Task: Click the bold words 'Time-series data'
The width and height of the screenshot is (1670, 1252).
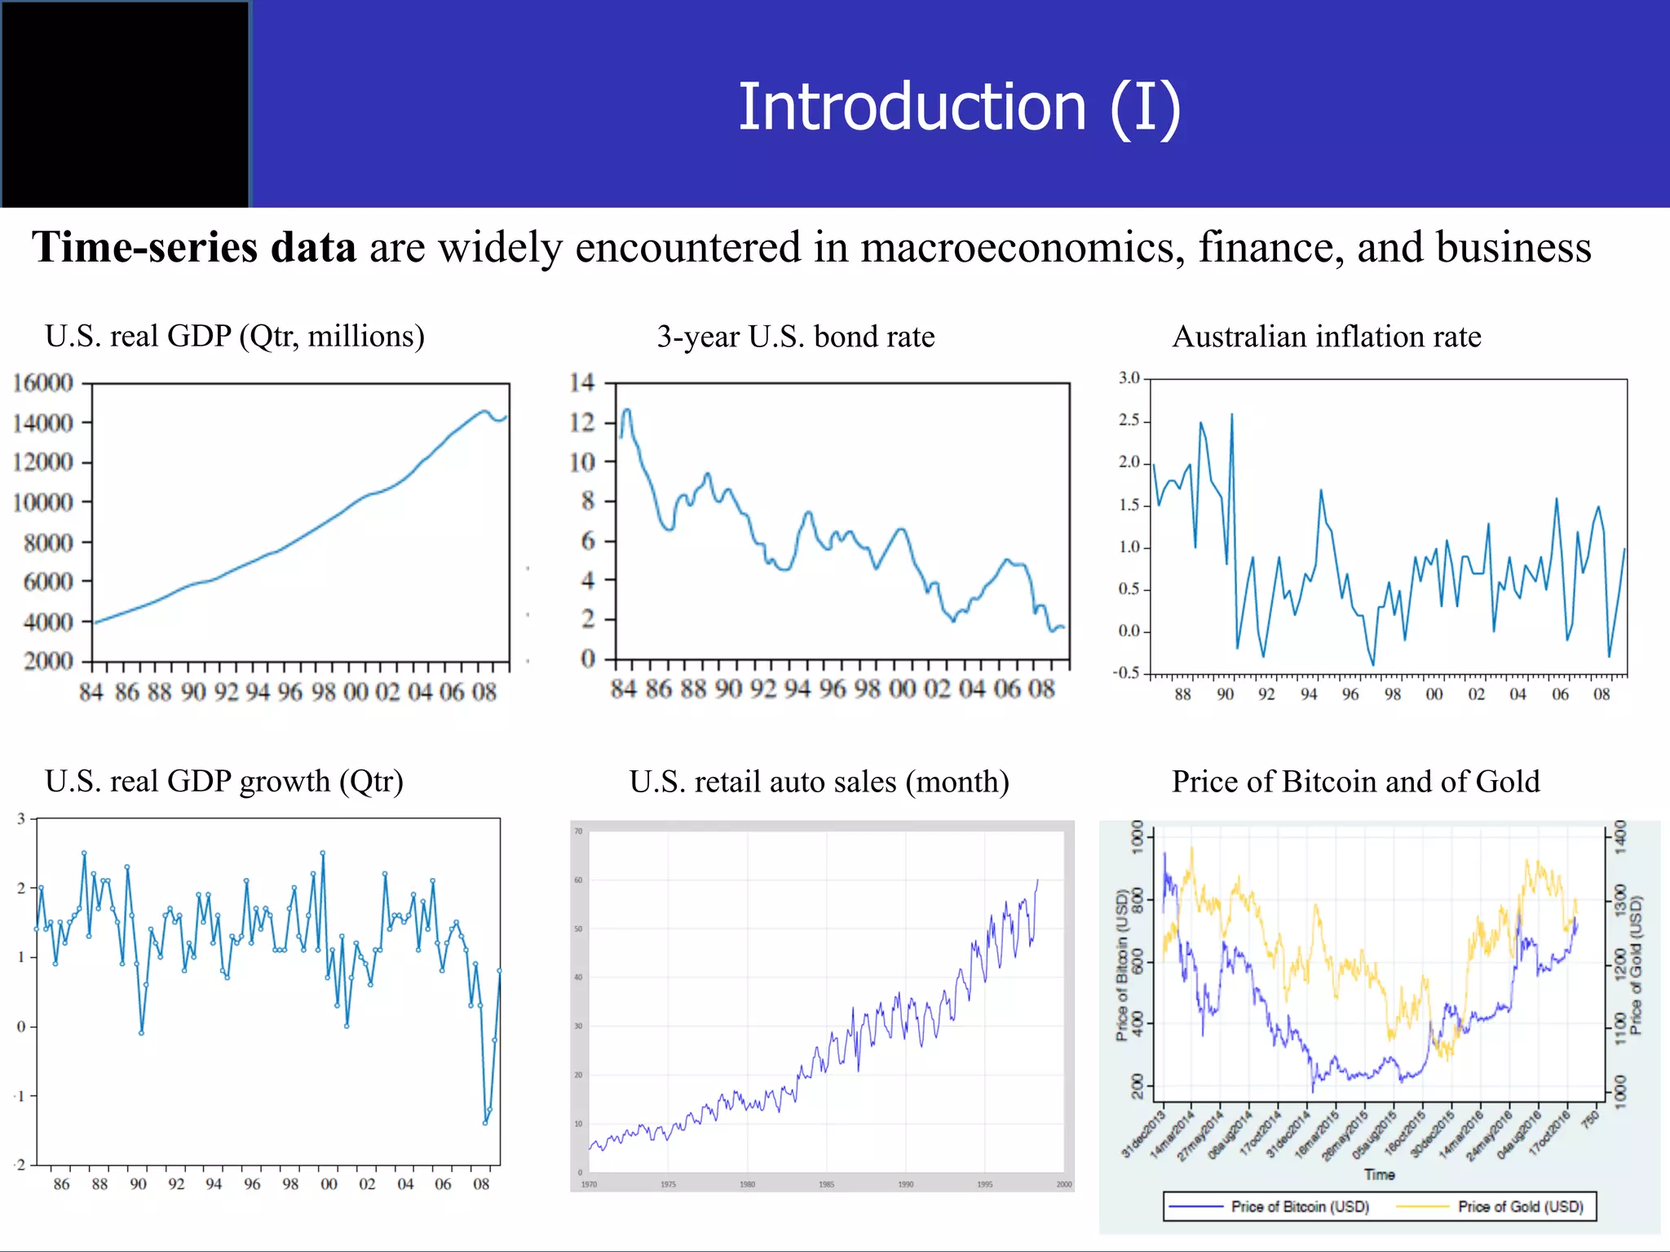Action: tap(194, 247)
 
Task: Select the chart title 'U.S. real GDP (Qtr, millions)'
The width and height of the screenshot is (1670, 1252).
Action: tap(235, 336)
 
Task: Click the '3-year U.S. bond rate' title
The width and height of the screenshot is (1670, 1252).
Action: tap(796, 337)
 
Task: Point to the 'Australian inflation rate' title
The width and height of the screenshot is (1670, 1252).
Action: tap(1327, 337)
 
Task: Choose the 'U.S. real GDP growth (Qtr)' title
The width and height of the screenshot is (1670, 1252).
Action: tap(224, 781)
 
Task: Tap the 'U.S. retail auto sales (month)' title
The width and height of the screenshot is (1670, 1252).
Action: tap(820, 782)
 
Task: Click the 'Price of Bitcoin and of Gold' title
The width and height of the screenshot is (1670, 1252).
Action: tap(1356, 781)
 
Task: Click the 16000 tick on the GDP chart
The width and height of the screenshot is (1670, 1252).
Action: tap(42, 383)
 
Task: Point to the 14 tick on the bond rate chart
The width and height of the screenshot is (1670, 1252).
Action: tap(582, 382)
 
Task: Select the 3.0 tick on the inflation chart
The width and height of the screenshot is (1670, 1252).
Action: tap(1129, 378)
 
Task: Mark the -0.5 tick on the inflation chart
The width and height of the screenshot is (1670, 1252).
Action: tap(1127, 673)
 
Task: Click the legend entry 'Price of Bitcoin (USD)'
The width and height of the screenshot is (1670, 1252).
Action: tap(1300, 1206)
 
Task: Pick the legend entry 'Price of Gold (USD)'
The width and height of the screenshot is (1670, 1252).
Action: tap(1520, 1206)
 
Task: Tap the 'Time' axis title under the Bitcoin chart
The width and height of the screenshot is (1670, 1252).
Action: tap(1380, 1175)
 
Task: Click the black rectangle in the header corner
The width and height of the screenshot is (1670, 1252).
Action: tap(125, 104)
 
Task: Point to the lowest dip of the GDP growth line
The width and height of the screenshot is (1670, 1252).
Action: tap(485, 1123)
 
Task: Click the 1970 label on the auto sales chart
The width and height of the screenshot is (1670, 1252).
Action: tap(589, 1184)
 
